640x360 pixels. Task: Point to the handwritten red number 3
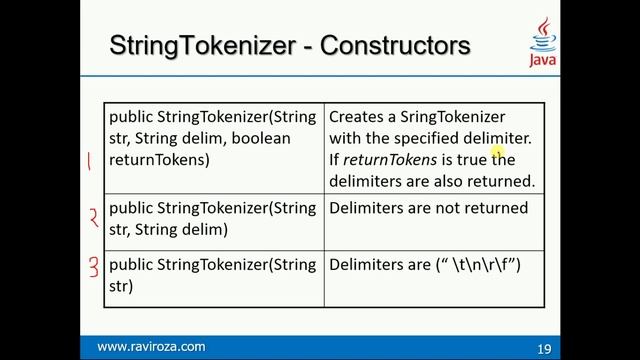point(91,268)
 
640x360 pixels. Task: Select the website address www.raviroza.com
point(151,347)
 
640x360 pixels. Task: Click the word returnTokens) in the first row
point(160,159)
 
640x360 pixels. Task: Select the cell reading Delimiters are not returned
point(428,208)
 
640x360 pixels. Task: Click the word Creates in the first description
point(355,117)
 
